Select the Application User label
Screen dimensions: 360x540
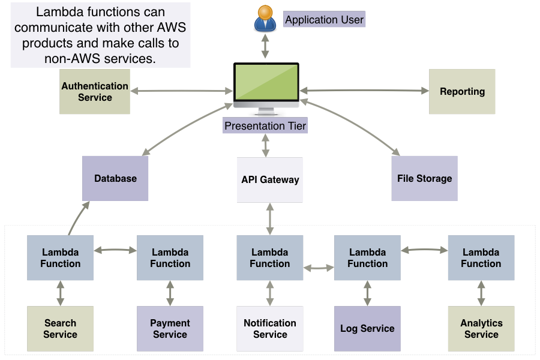324,20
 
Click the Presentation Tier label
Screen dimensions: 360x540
265,126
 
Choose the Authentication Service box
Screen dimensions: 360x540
95,92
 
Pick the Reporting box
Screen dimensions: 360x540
462,92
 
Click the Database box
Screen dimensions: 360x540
115,178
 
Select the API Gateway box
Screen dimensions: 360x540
270,179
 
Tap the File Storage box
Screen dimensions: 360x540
424,178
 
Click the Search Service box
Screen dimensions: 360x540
60,329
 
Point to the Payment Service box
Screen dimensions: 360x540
170,329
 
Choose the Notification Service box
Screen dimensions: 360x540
270,329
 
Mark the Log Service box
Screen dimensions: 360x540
367,329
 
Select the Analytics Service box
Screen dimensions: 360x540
481,329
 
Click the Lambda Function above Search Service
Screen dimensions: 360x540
60,258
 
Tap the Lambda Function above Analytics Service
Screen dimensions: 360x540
481,258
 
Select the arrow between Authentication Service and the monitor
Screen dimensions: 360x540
181,91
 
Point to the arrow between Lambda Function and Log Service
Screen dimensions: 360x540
367,293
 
